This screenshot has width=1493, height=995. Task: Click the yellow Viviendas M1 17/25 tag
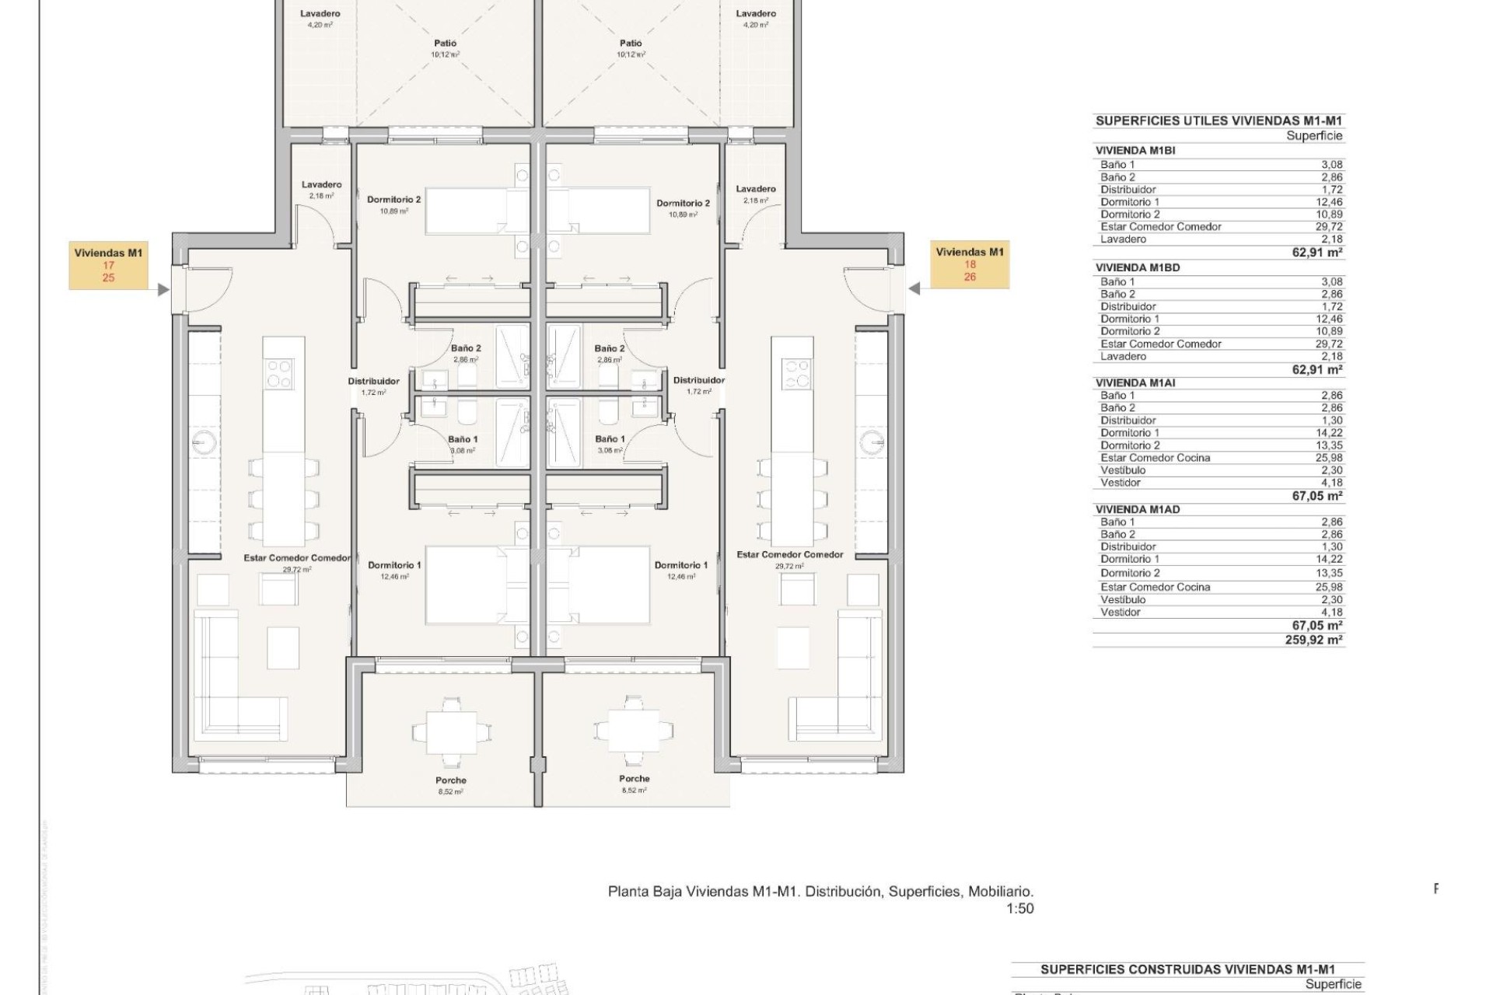click(x=108, y=265)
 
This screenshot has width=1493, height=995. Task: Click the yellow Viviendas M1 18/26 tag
click(x=970, y=264)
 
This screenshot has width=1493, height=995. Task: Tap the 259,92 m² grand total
click(x=1317, y=640)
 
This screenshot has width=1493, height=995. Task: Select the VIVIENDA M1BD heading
click(x=1138, y=267)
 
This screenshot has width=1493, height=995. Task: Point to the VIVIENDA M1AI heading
click(x=1135, y=383)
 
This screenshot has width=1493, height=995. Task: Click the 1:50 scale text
click(x=1019, y=908)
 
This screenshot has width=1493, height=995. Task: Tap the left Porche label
click(x=451, y=780)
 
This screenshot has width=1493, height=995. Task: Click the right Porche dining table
click(x=635, y=731)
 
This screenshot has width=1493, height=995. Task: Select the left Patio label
click(x=445, y=44)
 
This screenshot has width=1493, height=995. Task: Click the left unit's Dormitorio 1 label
click(x=394, y=565)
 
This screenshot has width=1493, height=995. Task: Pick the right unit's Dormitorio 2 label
click(x=683, y=204)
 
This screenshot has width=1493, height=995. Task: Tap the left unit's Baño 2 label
click(x=466, y=348)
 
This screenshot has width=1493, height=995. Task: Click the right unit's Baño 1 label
click(x=610, y=439)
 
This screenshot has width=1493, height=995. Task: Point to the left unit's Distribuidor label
click(x=373, y=381)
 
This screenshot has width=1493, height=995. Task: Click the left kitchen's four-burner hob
click(x=280, y=374)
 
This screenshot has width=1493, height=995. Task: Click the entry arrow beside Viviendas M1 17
click(x=163, y=290)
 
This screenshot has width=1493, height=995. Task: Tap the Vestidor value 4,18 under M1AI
click(x=1331, y=483)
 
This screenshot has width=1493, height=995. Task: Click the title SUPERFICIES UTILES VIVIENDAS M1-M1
click(x=1219, y=120)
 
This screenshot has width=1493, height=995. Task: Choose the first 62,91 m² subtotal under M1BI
click(x=1317, y=252)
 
